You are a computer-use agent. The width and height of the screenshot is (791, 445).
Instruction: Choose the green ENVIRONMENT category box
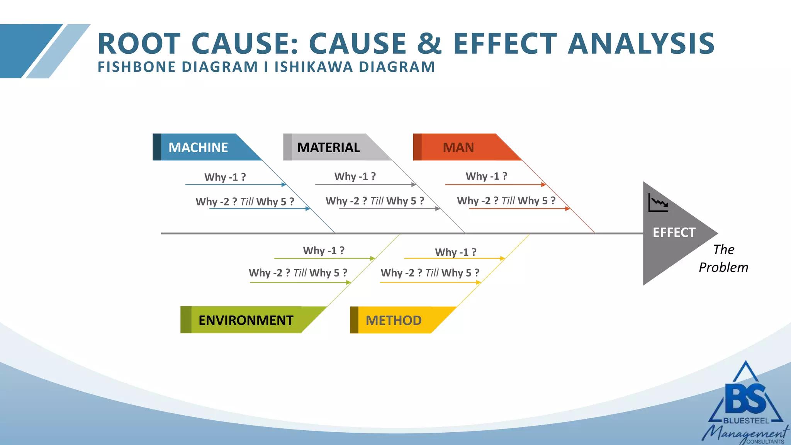click(x=246, y=320)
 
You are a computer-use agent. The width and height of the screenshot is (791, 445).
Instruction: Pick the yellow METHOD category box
click(x=394, y=320)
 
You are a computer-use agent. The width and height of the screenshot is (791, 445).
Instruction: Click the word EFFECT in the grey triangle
click(x=674, y=233)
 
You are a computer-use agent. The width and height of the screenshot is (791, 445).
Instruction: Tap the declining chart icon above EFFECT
click(x=658, y=203)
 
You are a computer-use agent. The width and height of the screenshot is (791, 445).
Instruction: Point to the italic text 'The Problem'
click(x=723, y=258)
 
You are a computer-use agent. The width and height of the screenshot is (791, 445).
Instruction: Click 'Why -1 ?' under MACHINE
click(x=225, y=177)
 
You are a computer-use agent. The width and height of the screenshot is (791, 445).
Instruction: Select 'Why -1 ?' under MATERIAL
click(x=355, y=177)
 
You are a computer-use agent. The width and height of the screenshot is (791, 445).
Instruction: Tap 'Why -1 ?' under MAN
click(x=486, y=177)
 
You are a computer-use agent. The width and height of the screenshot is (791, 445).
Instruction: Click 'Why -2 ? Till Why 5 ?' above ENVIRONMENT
click(x=298, y=273)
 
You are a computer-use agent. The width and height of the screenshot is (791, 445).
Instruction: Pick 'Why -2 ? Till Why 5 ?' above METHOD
click(x=430, y=273)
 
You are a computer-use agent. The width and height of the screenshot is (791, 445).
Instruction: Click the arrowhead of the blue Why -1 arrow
click(x=284, y=185)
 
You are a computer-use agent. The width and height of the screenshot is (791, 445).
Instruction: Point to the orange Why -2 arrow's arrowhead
click(x=568, y=209)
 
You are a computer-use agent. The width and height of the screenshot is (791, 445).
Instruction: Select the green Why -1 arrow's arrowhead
click(x=373, y=258)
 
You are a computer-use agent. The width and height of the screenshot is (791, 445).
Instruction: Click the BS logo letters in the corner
click(x=745, y=399)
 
